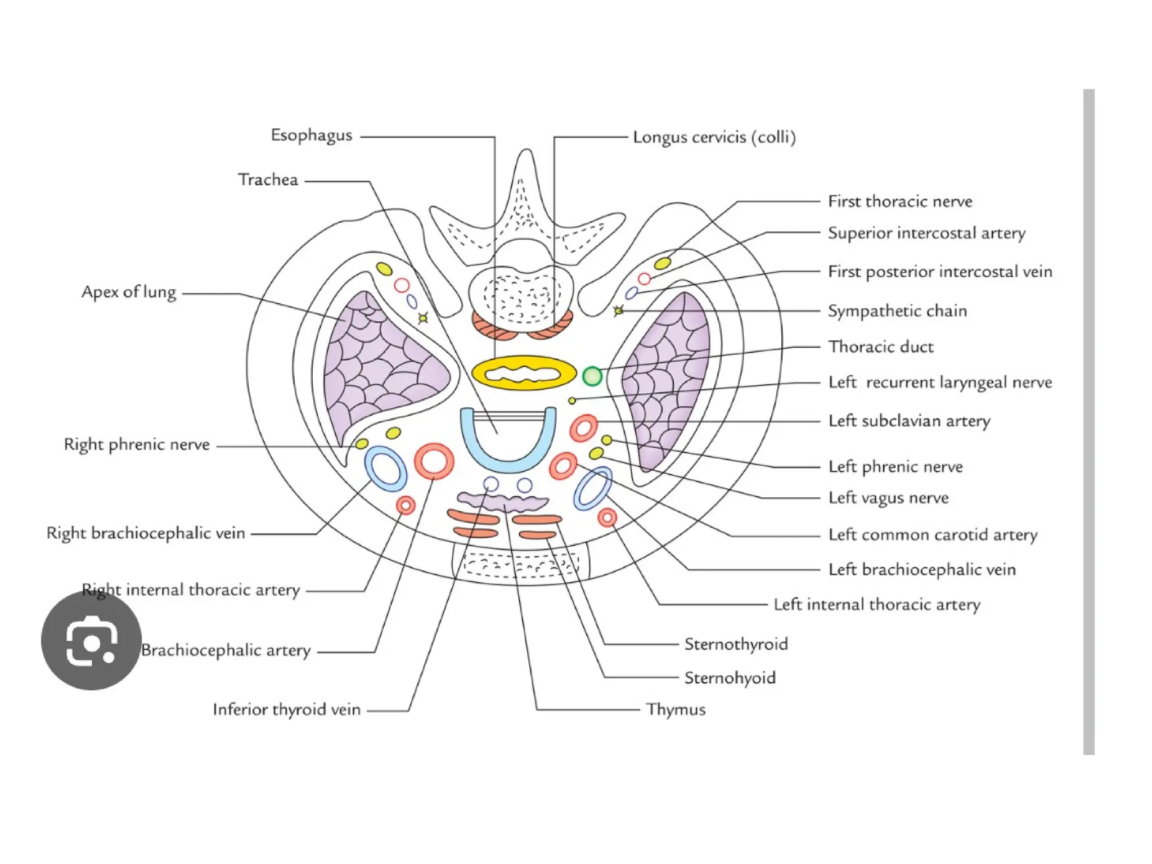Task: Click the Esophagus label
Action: pos(311,136)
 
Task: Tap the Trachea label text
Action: pos(268,180)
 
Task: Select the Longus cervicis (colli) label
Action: pos(714,137)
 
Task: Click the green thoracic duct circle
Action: pos(592,376)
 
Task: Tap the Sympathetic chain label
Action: pos(897,311)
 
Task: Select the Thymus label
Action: pos(675,709)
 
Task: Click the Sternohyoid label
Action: pos(730,678)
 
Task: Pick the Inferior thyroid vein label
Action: pos(286,709)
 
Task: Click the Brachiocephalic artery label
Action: pos(226,650)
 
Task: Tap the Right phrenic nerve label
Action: pos(137,444)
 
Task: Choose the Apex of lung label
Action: pos(129,292)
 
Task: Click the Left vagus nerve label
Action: pos(888,498)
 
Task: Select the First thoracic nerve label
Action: pos(900,201)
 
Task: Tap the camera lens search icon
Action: pos(91,641)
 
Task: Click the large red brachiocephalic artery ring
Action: pos(434,461)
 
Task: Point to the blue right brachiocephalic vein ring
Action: pos(385,469)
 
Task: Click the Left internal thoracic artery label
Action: pos(876,605)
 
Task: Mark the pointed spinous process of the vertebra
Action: pos(526,163)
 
